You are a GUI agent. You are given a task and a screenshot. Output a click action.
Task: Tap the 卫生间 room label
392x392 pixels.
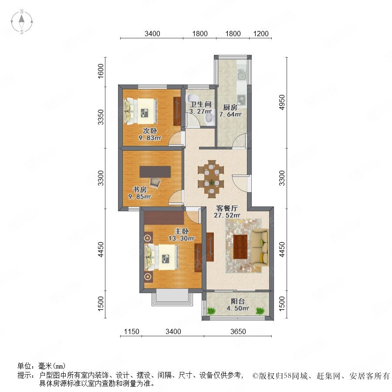pyautogui.click(x=201, y=105)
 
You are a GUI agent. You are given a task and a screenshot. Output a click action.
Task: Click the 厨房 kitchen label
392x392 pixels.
pyautogui.click(x=230, y=107)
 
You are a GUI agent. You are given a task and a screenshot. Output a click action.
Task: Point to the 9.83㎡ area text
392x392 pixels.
pyautogui.click(x=150, y=138)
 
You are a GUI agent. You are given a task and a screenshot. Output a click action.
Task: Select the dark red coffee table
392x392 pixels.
pyautogui.click(x=240, y=247)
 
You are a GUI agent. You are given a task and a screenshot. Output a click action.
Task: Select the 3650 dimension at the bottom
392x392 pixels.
pyautogui.click(x=238, y=332)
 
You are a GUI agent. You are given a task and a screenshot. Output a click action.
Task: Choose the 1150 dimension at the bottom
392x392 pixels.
pyautogui.click(x=131, y=332)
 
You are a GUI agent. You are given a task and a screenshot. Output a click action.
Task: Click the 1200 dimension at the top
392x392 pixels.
pyautogui.click(x=260, y=34)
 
